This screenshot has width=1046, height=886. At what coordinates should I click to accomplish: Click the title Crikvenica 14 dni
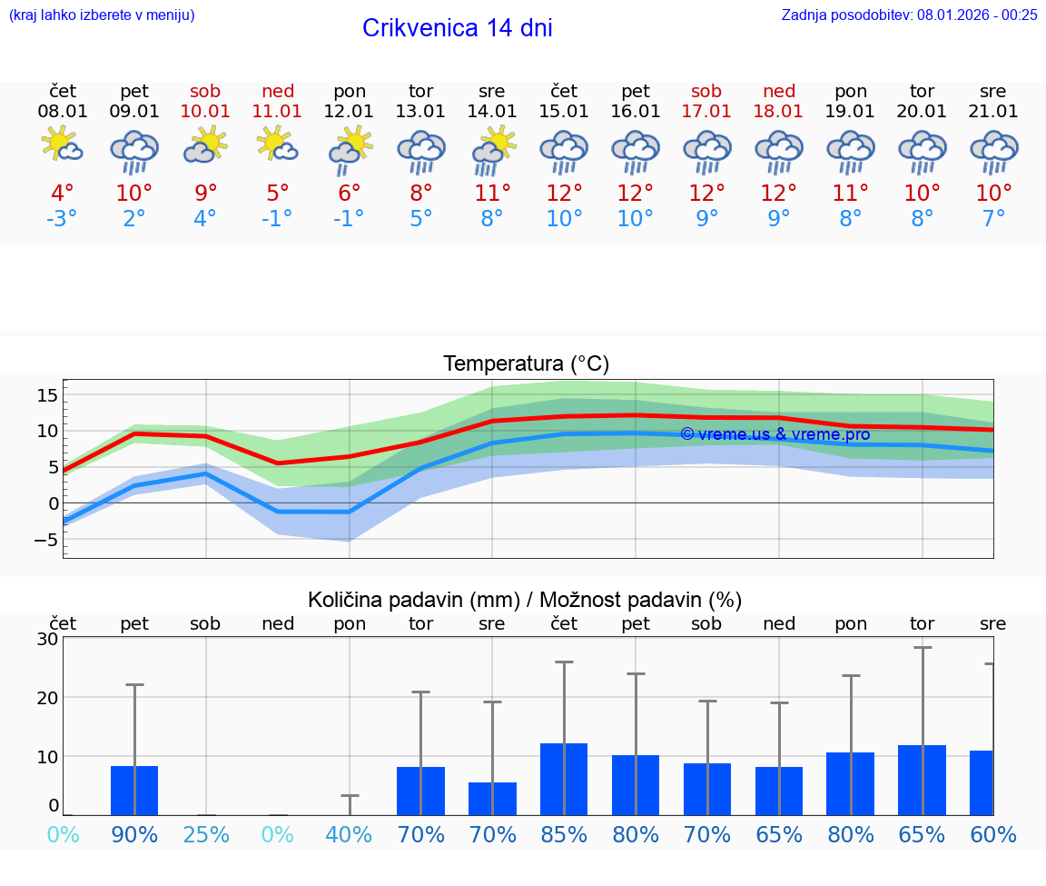(457, 28)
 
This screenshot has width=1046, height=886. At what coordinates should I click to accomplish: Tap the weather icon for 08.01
(63, 146)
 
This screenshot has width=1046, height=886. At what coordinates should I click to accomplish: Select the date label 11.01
(278, 111)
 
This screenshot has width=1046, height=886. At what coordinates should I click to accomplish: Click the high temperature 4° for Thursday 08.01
(63, 194)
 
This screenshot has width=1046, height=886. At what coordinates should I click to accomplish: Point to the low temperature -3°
(63, 219)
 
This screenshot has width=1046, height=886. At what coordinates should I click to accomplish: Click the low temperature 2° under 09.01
(134, 219)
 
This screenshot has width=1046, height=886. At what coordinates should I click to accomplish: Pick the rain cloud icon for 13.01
(421, 151)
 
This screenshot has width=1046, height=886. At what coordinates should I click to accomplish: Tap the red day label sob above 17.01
(706, 91)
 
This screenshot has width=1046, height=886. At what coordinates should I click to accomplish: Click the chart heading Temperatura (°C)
(526, 364)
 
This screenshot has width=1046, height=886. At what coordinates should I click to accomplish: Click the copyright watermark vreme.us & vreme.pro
(775, 434)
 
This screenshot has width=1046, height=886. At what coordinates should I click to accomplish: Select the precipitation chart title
(525, 600)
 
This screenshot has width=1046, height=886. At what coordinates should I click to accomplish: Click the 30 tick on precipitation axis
(47, 639)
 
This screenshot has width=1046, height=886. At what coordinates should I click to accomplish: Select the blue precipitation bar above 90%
(134, 791)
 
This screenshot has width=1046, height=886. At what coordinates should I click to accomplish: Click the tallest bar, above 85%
(564, 779)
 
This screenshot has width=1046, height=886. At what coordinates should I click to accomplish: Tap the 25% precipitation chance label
(206, 834)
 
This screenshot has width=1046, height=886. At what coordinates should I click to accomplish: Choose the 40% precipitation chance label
(350, 834)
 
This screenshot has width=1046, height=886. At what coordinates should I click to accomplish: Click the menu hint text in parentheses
(102, 15)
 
